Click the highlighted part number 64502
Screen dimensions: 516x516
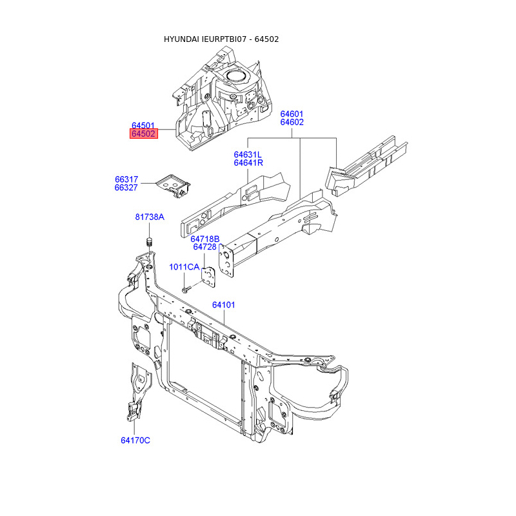click(x=143, y=134)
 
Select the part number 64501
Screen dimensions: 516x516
click(x=143, y=125)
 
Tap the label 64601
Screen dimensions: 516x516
click(x=292, y=114)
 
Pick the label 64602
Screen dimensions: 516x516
click(x=292, y=122)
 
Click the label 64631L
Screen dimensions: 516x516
click(x=248, y=155)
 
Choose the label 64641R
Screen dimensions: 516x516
click(x=248, y=163)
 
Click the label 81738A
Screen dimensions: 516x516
click(x=150, y=217)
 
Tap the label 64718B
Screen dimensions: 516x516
click(x=205, y=239)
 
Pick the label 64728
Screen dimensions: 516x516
click(x=204, y=247)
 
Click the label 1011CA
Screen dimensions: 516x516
click(x=184, y=267)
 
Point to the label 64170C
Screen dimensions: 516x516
click(x=135, y=440)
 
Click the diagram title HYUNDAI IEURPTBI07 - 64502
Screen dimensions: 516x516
click(x=221, y=39)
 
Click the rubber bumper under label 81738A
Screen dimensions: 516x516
click(x=147, y=243)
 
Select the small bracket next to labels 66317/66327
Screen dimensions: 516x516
click(x=174, y=183)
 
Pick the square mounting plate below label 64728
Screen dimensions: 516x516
click(x=208, y=276)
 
